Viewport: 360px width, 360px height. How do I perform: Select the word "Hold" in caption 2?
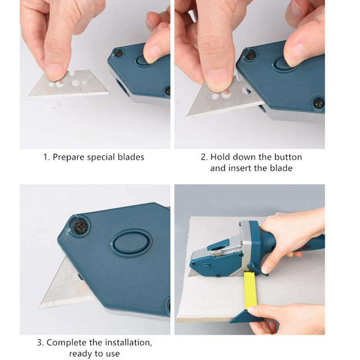220,157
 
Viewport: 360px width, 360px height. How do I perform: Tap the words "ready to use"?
94,353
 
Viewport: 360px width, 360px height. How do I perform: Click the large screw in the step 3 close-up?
79,225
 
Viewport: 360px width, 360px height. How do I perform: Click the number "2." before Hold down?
204,157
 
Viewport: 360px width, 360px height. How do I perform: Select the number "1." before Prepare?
47,157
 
